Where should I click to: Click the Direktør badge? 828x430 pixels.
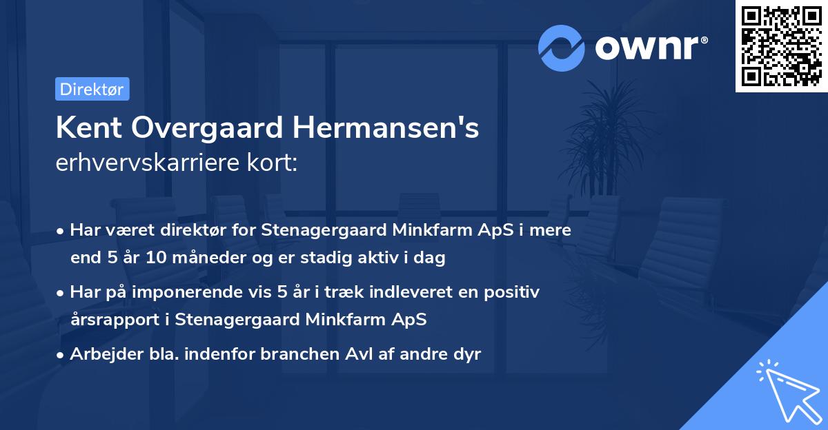[x=92, y=89]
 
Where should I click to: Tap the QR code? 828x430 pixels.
[x=782, y=46]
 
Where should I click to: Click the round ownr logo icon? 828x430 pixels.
[x=562, y=48]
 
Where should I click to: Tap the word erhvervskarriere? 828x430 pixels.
[x=150, y=163]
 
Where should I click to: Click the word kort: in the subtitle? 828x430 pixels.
[x=274, y=163]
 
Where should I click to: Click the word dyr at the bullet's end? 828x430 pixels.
[x=466, y=354]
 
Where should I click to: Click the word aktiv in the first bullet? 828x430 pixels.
[x=391, y=258]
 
